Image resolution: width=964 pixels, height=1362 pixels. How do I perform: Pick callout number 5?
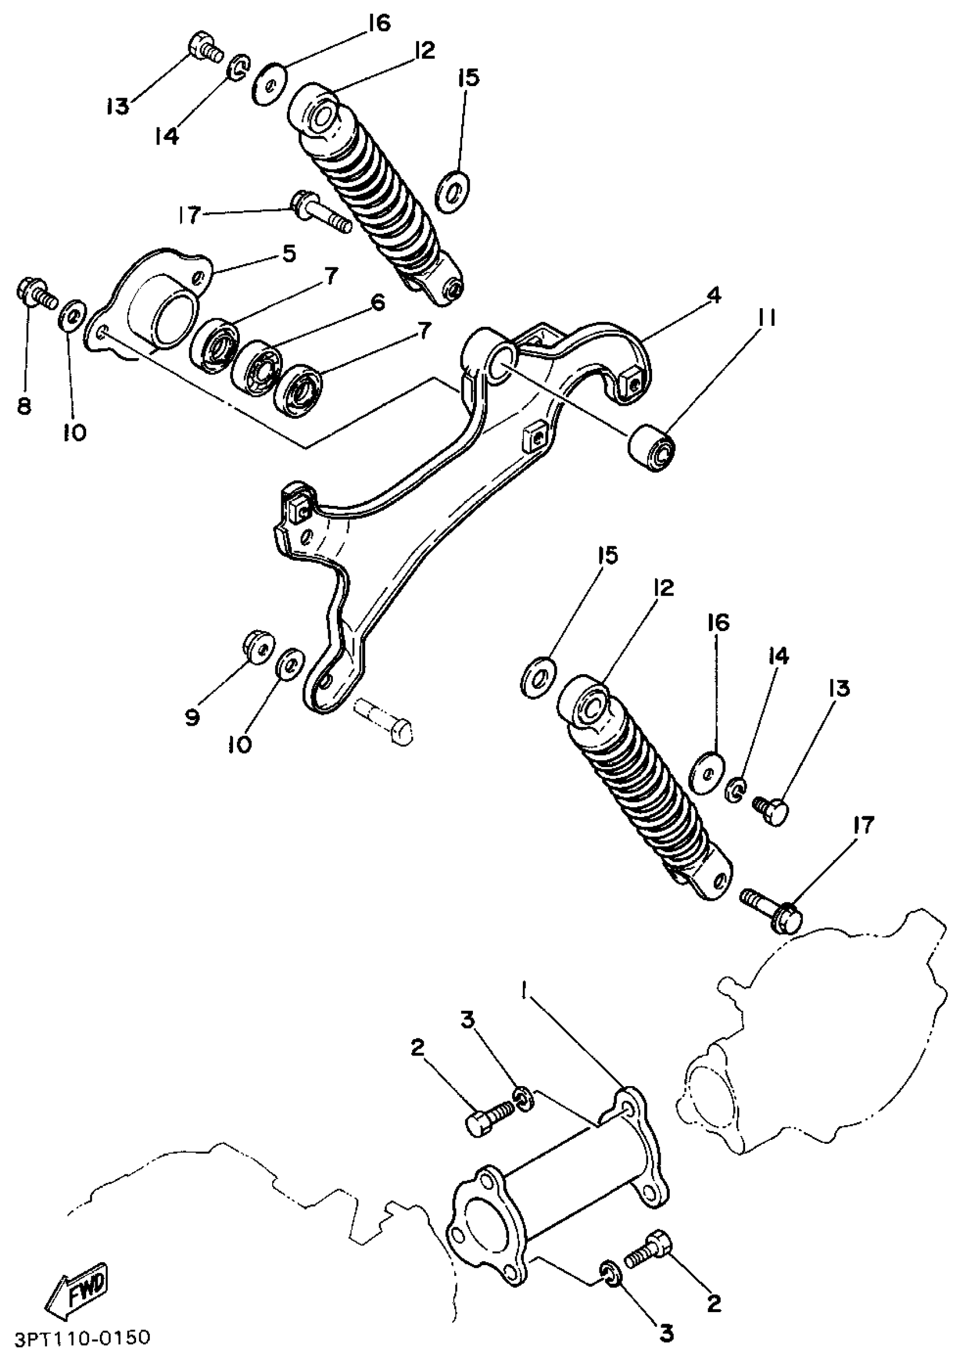pyautogui.click(x=289, y=254)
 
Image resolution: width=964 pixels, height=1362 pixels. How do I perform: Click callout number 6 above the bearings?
pyautogui.click(x=378, y=303)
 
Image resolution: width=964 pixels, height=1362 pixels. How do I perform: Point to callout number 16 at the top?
pyautogui.click(x=378, y=24)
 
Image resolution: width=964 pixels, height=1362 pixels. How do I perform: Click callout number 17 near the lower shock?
pyautogui.click(x=864, y=824)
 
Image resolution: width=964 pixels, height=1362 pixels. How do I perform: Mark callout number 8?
pyautogui.click(x=24, y=407)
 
